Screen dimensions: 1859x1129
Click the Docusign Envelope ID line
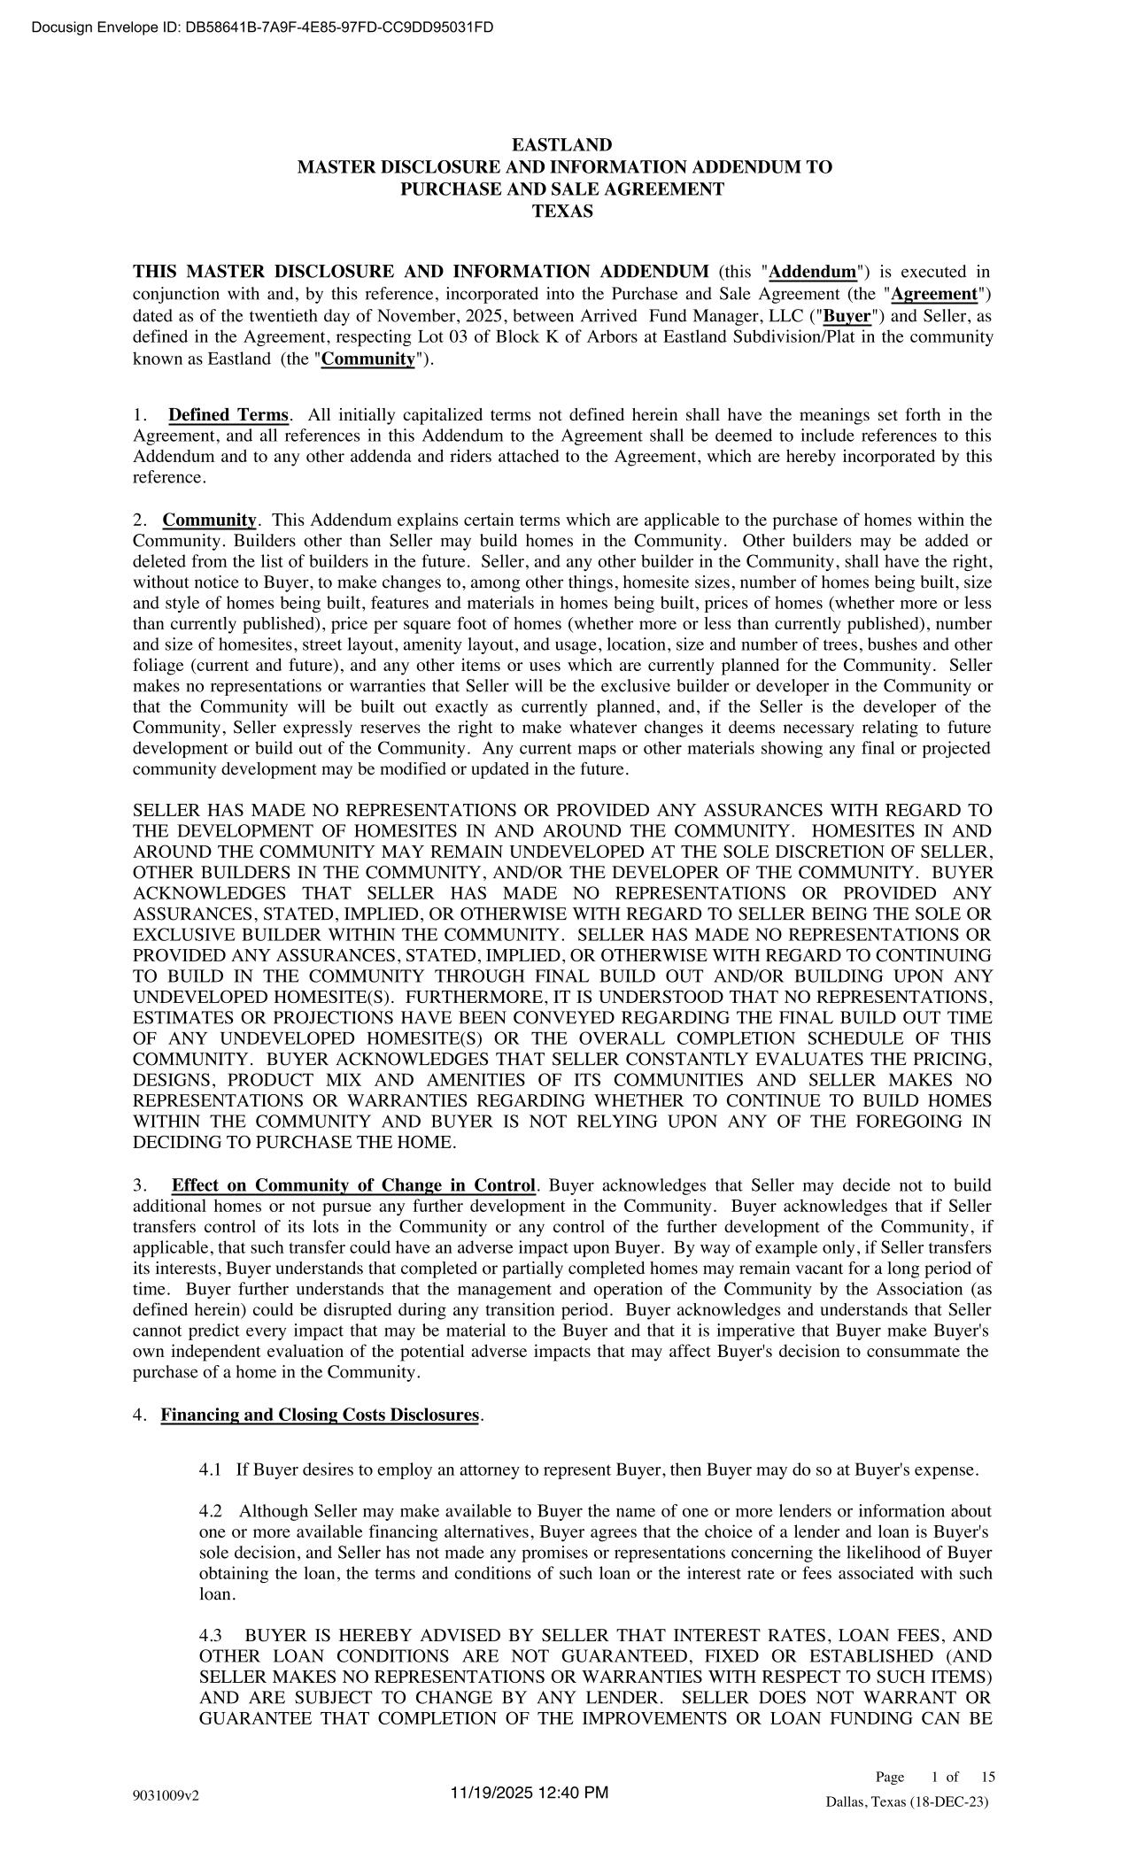262,27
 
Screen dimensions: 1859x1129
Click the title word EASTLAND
563,145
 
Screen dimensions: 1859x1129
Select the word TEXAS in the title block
563,212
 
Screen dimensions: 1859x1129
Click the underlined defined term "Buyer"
847,315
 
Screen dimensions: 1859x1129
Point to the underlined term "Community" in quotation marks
368,359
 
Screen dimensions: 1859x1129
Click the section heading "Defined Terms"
228,415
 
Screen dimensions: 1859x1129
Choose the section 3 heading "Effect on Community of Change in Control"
354,1185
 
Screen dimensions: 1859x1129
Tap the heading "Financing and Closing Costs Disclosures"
320,1415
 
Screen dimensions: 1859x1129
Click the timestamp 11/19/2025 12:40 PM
530,1793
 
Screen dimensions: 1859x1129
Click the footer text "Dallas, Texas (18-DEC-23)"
907,1802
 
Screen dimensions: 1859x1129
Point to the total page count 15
988,1777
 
